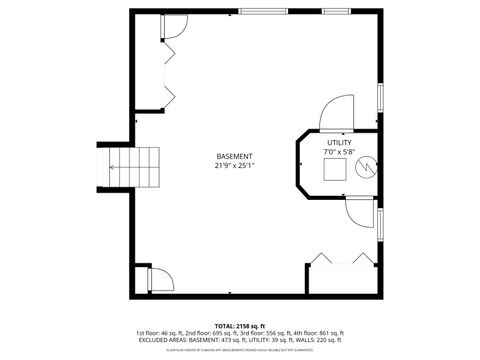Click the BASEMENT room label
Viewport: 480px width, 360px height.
234,157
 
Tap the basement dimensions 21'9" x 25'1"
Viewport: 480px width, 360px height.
234,167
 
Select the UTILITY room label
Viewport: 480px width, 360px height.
339,144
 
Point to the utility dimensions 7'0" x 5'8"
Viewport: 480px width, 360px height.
339,153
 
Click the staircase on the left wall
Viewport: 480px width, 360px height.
147,167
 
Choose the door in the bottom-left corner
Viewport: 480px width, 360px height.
158,279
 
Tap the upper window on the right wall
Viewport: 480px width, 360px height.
381,98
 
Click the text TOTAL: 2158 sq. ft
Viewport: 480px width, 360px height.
239,325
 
